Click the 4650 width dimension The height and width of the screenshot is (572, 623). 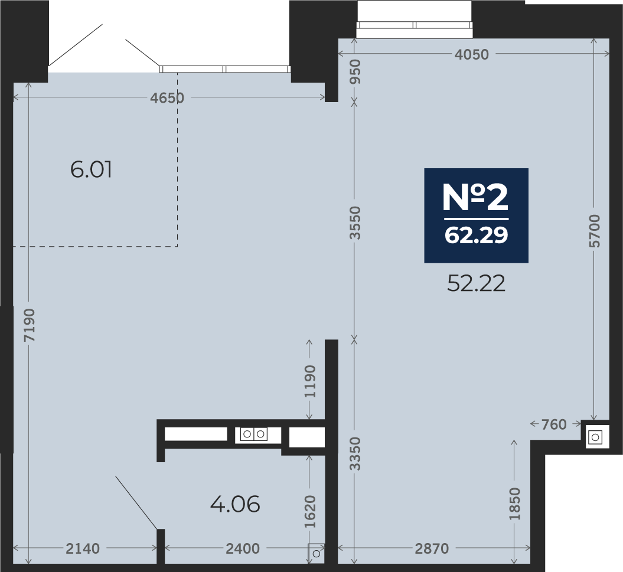167,98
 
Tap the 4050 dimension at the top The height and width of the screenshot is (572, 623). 472,54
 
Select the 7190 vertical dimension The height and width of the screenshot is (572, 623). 30,325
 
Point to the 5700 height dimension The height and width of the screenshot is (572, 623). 595,231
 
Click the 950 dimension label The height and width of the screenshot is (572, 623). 355,71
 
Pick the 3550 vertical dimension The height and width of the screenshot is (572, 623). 355,223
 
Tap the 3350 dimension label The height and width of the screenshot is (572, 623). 355,453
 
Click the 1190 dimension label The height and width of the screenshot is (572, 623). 310,381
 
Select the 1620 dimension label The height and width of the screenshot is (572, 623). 310,512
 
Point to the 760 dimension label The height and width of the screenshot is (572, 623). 554,424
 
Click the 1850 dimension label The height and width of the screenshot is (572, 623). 514,504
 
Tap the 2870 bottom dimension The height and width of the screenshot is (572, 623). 432,548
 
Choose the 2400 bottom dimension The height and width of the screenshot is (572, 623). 243,548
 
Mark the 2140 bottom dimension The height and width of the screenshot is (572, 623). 83,548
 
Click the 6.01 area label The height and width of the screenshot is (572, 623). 91,169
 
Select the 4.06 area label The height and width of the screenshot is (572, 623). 235,505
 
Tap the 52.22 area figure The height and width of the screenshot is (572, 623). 477,283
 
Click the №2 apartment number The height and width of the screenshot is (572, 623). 475,198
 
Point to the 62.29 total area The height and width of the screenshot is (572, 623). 477,235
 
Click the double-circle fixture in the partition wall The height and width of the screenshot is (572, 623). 253,434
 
